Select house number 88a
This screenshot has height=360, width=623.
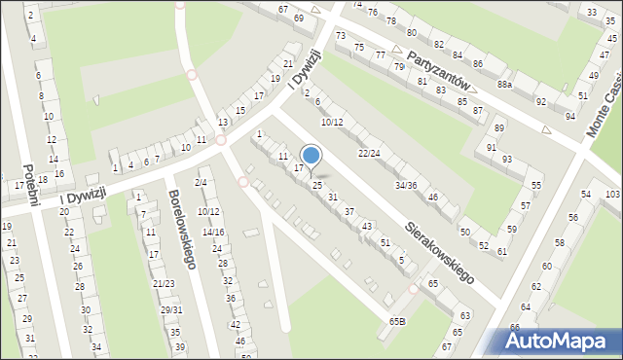tap(504, 86)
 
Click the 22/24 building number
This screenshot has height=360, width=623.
tap(369, 153)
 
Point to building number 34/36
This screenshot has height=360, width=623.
tap(406, 185)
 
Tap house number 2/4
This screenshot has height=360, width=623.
tap(200, 183)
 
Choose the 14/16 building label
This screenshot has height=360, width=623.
tap(212, 233)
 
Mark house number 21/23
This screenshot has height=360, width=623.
tap(164, 283)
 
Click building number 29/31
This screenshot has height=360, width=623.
tap(171, 309)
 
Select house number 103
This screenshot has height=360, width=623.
tap(611, 195)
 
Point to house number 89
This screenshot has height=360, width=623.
tap(499, 128)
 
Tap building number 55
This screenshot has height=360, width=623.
tap(535, 185)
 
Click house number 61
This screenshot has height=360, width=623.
tap(501, 252)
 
